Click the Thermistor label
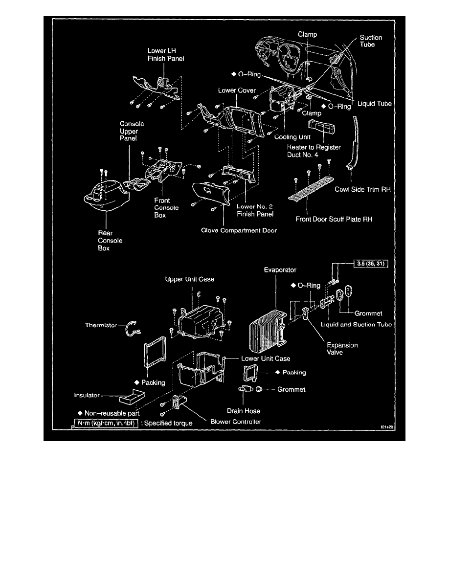coord(100,325)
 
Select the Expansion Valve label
coord(342,349)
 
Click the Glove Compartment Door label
coord(239,230)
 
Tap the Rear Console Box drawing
coord(105,199)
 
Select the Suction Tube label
coord(371,41)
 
